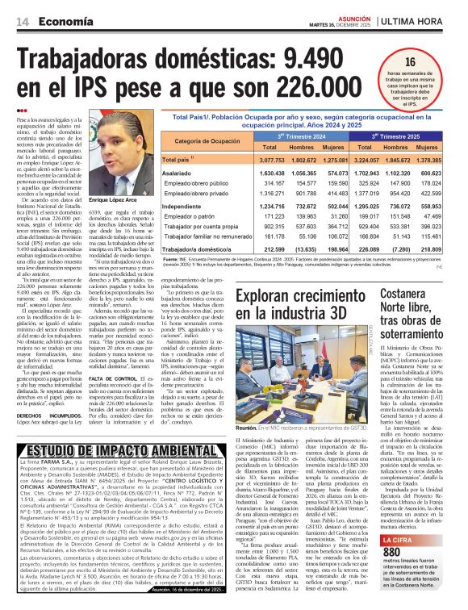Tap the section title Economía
point(62,21)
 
